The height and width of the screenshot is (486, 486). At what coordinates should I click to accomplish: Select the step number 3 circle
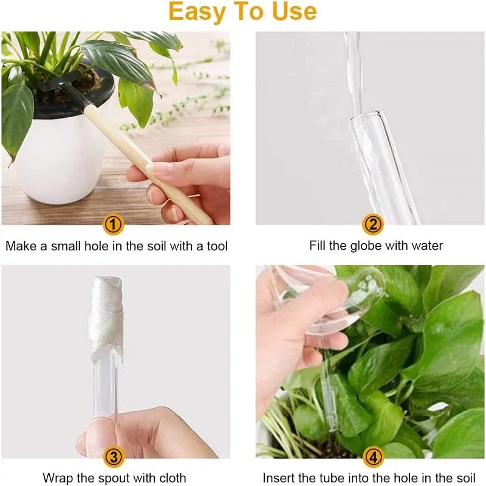point(114,456)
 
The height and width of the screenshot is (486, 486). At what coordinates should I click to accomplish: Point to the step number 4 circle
point(373,456)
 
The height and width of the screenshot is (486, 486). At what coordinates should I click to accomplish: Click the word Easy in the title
point(198,12)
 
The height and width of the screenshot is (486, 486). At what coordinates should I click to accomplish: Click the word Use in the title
point(294,12)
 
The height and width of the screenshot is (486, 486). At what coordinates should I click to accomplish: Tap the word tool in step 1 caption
point(216,246)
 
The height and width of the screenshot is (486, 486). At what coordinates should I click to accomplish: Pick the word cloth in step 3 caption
point(171,477)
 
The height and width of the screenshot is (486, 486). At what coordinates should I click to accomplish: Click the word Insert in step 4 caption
point(278,477)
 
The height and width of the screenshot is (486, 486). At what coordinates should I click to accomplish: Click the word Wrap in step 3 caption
point(58,477)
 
